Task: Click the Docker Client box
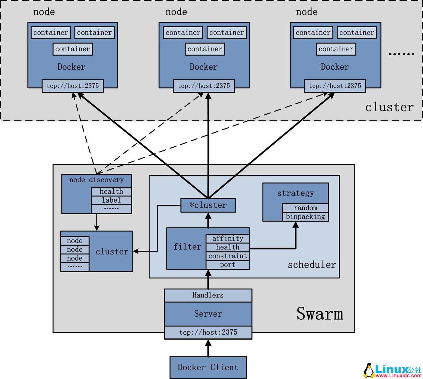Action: [x=208, y=367]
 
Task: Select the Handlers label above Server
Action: [x=208, y=295]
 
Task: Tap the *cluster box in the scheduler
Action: [x=208, y=205]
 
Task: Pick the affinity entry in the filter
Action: [x=228, y=238]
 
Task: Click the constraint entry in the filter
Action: [x=228, y=256]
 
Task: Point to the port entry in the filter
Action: [x=228, y=265]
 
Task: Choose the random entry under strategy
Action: [x=305, y=208]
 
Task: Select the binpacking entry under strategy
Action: [x=305, y=217]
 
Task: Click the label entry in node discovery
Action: [x=111, y=200]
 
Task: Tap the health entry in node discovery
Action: [x=111, y=192]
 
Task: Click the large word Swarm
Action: [x=320, y=314]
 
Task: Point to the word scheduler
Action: [x=312, y=265]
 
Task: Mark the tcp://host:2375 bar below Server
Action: [x=208, y=332]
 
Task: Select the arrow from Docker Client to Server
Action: [x=208, y=348]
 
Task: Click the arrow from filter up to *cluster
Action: [x=208, y=220]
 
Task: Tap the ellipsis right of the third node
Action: [x=402, y=54]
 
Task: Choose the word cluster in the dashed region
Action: [x=389, y=107]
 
